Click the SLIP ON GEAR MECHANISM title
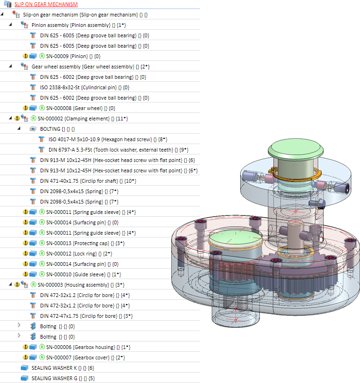coord(46,4)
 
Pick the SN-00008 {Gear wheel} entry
coord(74,108)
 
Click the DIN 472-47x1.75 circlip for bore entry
coord(78,316)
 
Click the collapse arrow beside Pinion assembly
coord(10,25)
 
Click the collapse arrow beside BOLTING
coord(19,129)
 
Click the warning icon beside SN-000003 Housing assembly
coord(17,285)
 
